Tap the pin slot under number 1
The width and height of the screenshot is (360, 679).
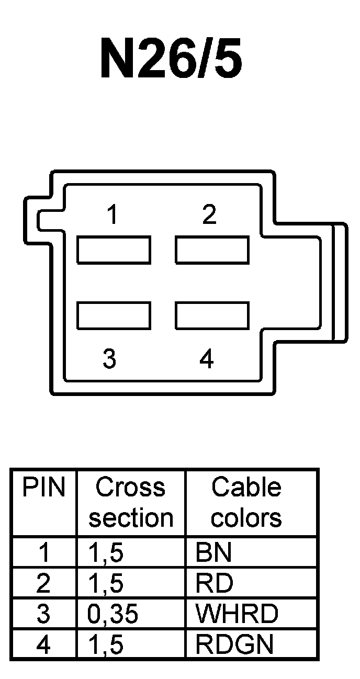coord(114,250)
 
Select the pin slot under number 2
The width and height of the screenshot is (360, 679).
coord(212,250)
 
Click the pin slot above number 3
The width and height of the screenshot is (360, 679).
coord(114,315)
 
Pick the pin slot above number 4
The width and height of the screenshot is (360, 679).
coord(212,315)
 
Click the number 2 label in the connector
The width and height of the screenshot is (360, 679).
coord(209,214)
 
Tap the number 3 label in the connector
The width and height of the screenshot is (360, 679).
coord(109,359)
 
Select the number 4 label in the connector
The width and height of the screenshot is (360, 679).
coord(207,359)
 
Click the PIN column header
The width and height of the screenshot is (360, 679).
coord(44,488)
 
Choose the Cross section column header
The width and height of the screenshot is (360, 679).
coord(131,502)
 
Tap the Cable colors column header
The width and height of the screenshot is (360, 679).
coord(246,502)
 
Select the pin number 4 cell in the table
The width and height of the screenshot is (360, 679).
coord(44,644)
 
